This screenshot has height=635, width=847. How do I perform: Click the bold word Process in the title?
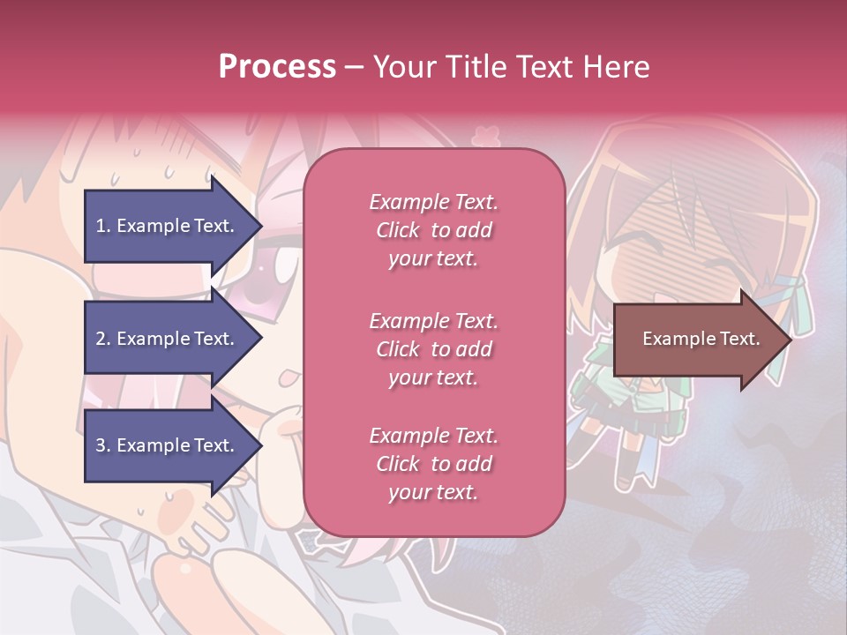(x=277, y=67)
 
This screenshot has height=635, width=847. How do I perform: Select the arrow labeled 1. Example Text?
(x=168, y=226)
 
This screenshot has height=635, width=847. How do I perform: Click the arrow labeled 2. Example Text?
(x=168, y=339)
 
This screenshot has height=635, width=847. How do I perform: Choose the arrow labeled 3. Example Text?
(x=168, y=445)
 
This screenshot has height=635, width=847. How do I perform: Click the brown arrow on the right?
(x=697, y=339)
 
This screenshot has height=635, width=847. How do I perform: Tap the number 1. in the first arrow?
(x=103, y=226)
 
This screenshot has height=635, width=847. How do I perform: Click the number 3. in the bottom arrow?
(x=103, y=445)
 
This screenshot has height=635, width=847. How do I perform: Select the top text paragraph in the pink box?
(x=433, y=230)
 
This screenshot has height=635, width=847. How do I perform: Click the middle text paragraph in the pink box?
(x=433, y=348)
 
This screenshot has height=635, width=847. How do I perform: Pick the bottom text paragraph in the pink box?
(x=433, y=464)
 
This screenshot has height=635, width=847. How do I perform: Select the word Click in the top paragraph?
(x=398, y=230)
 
